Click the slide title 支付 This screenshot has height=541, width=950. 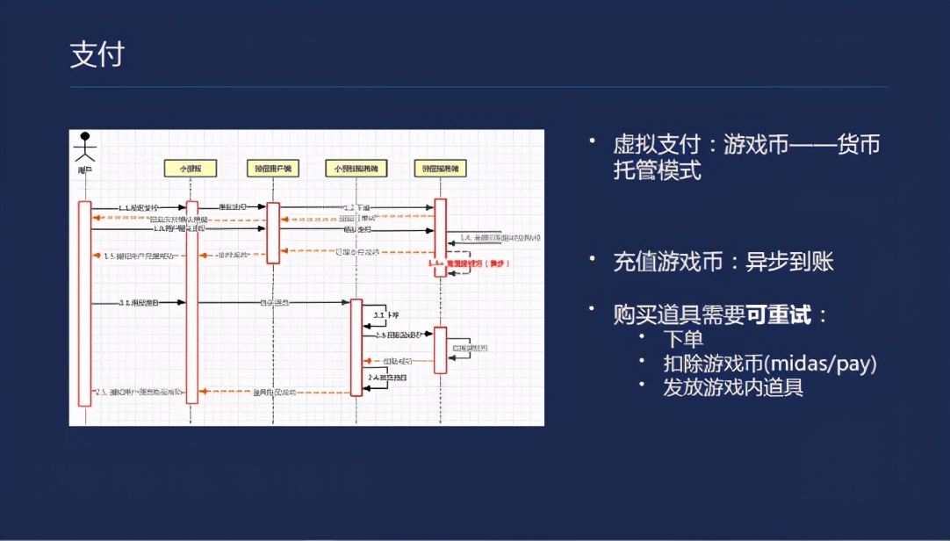click(x=97, y=54)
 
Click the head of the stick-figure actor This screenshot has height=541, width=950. click(x=85, y=138)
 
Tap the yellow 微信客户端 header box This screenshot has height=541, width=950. click(x=273, y=168)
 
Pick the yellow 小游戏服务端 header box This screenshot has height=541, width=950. click(x=356, y=168)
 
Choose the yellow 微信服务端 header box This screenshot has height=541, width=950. click(x=440, y=168)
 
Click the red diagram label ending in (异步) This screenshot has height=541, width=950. click(x=471, y=263)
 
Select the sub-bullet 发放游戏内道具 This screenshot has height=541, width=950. click(x=733, y=386)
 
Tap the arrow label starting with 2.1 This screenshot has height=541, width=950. click(x=139, y=302)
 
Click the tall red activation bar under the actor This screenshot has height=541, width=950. click(x=84, y=303)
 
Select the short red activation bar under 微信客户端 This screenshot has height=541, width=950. click(x=273, y=233)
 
